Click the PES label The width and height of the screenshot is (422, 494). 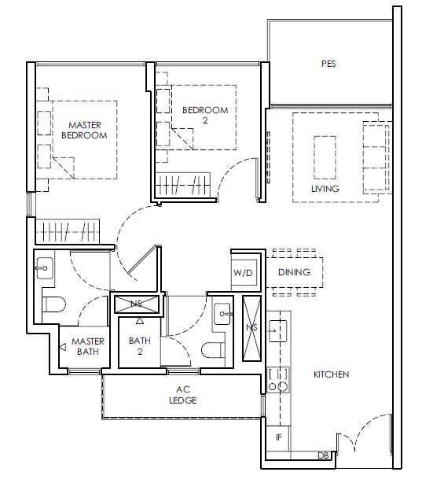click(x=328, y=64)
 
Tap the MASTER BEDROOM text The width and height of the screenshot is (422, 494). click(x=84, y=130)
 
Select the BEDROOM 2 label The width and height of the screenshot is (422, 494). click(x=205, y=115)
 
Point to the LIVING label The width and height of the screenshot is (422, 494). click(x=325, y=189)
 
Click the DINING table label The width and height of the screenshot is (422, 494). click(x=294, y=272)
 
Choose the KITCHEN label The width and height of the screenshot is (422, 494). click(x=331, y=374)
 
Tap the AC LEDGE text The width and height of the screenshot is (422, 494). click(x=183, y=395)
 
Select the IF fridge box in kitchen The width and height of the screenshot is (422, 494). click(x=278, y=438)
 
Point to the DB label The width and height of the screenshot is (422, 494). click(x=323, y=455)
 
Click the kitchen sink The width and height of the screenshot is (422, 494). click(x=278, y=331)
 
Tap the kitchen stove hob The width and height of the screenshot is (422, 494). click(x=278, y=380)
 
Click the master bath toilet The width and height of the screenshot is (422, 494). click(x=53, y=304)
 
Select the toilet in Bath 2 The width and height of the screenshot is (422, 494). click(x=213, y=350)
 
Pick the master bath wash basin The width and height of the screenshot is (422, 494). click(x=45, y=268)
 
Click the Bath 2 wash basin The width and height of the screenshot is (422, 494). click(x=222, y=314)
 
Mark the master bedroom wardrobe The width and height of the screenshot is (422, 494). click(x=68, y=231)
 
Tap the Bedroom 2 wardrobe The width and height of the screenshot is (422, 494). click(x=183, y=185)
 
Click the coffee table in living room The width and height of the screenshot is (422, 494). click(x=325, y=157)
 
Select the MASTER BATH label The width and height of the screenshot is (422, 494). click(x=88, y=346)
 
